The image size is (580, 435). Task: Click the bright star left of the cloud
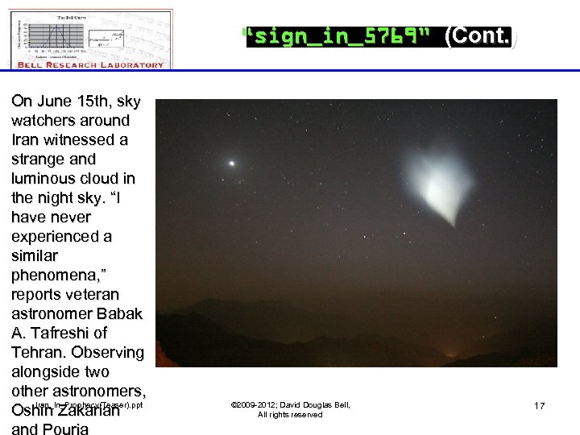click(232, 163)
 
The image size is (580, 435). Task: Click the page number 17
click(539, 406)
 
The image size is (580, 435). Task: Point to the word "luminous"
click(43, 179)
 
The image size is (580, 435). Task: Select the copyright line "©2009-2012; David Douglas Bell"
click(290, 404)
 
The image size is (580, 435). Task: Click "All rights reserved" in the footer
click(290, 415)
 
